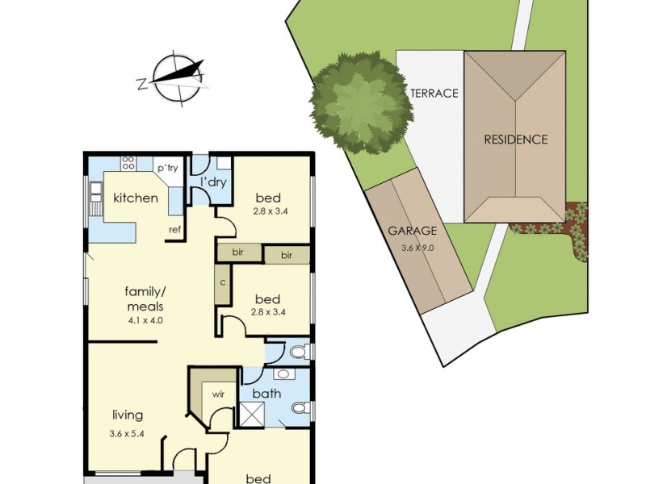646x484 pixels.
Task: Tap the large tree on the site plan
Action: pos(361,102)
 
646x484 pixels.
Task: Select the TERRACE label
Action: pos(434,94)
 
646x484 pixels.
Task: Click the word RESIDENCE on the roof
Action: pos(515,140)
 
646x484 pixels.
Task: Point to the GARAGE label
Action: pos(412,231)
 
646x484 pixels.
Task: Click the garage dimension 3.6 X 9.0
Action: pos(417,248)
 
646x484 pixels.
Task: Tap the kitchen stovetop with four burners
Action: pos(128,163)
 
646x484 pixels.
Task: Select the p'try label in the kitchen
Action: pos(168,168)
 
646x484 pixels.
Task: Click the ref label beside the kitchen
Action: pos(174,230)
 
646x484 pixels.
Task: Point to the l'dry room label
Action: pos(213,181)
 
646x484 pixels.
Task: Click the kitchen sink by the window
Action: pos(95,189)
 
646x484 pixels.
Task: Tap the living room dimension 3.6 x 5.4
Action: pos(127,433)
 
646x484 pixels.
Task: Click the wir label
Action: pos(218,394)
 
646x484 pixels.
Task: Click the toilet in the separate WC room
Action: pos(298,353)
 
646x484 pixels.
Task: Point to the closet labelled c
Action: pos(223,284)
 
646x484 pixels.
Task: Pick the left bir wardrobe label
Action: pos(237,252)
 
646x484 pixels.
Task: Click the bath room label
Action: pos(266,394)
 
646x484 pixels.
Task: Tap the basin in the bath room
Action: pos(283,374)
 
